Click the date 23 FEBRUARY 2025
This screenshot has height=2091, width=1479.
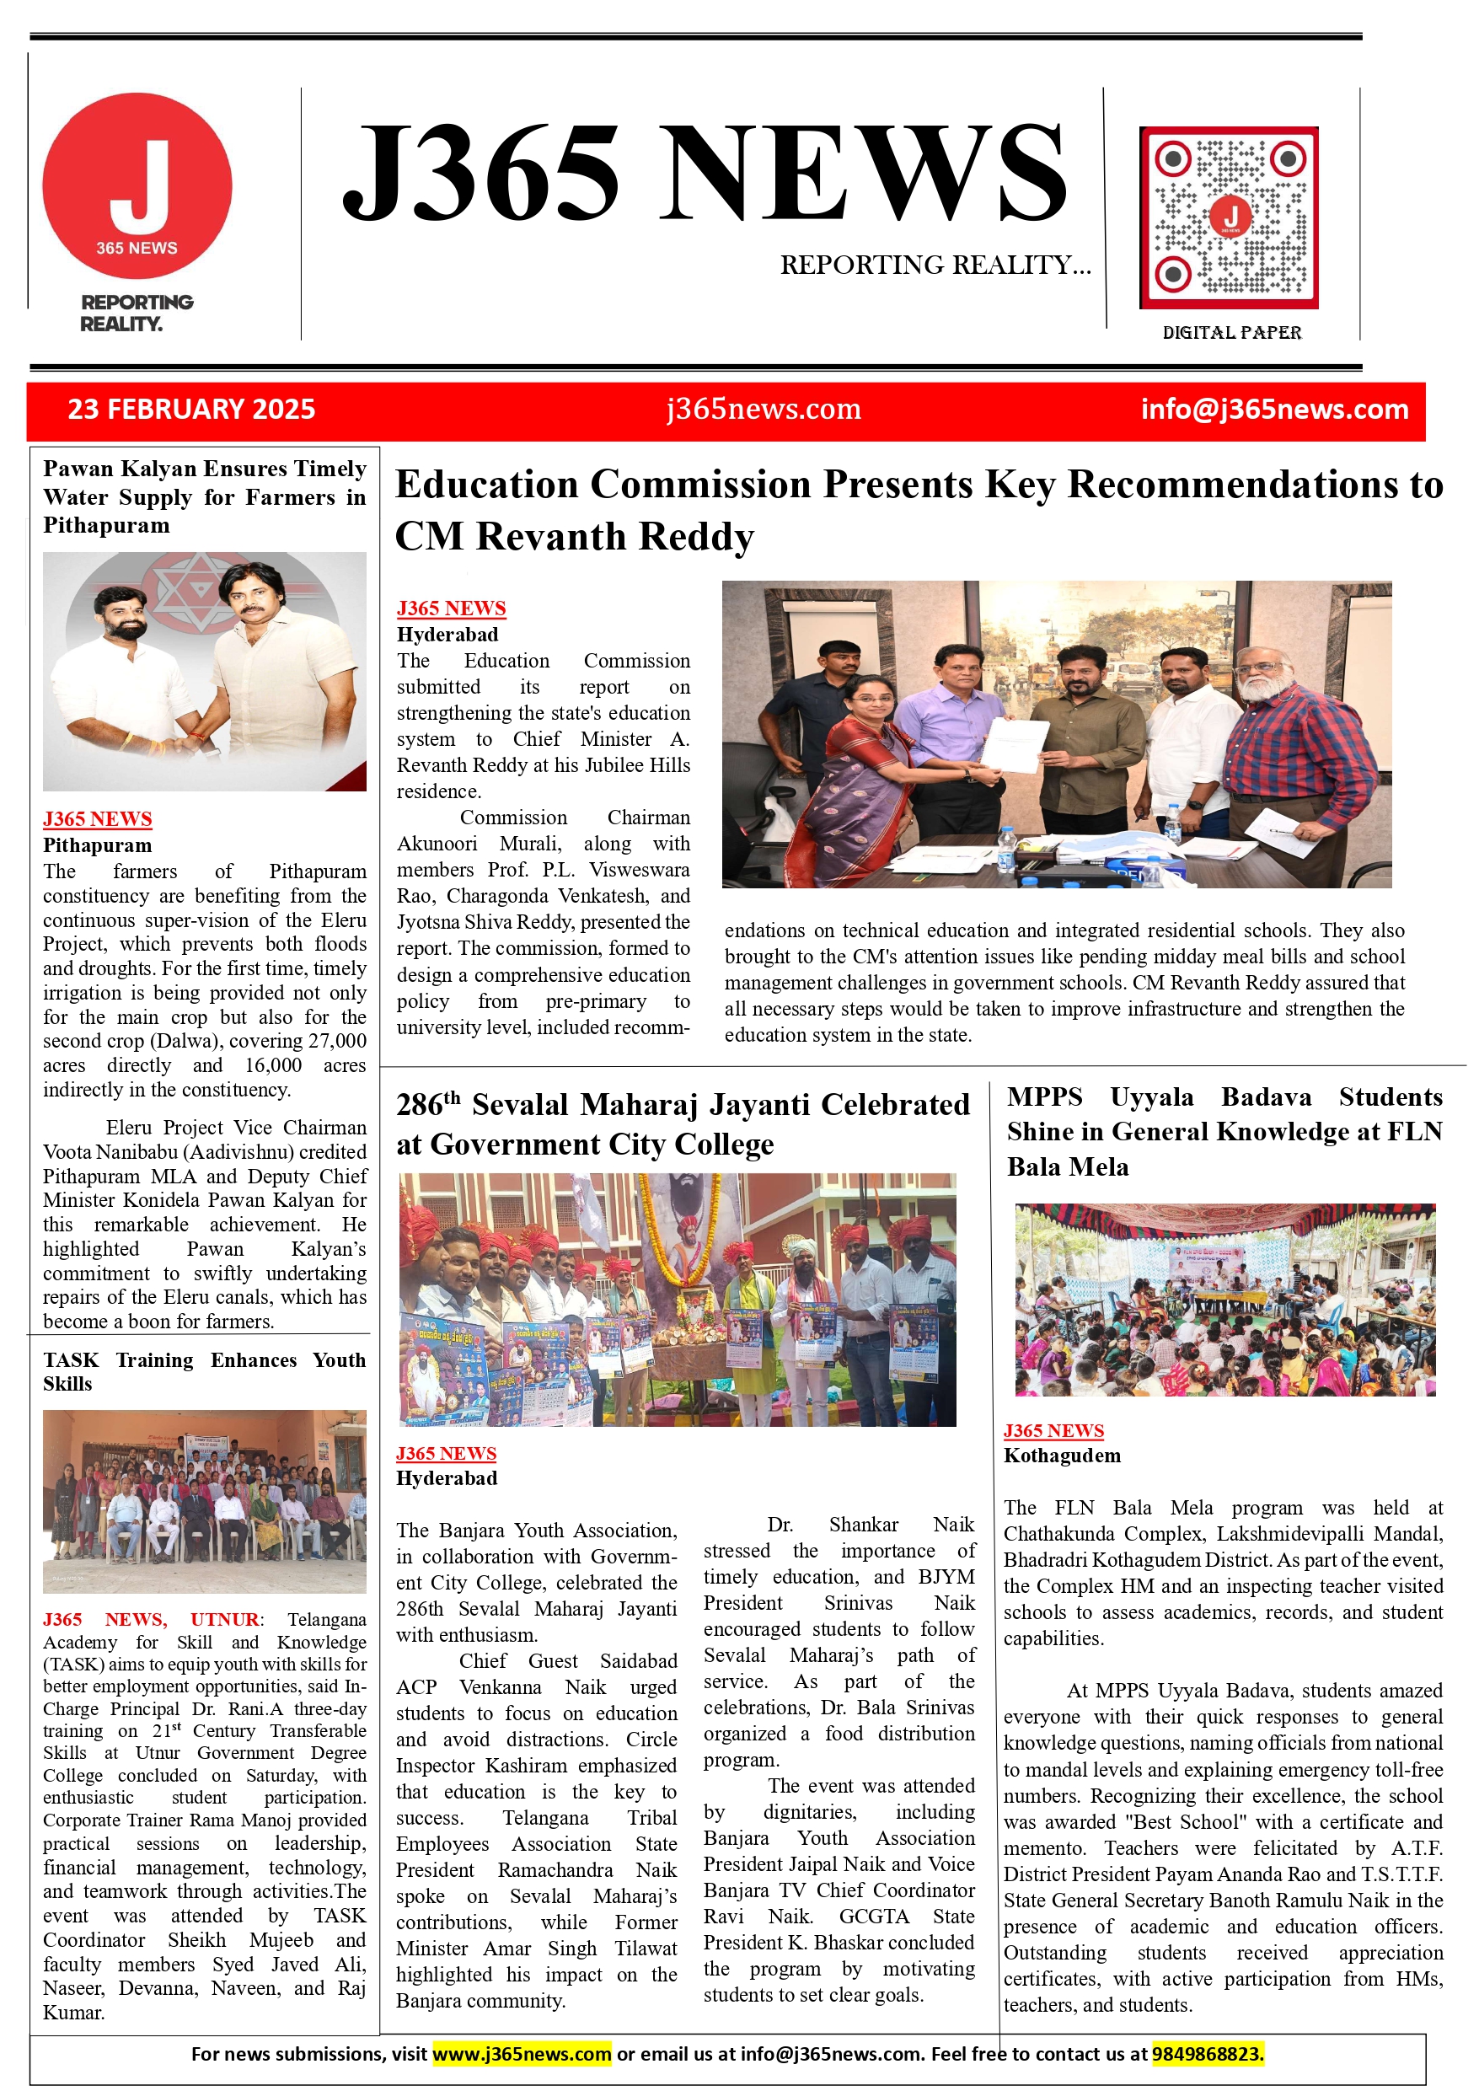click(191, 409)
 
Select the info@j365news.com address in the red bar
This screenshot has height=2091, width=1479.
click(1274, 409)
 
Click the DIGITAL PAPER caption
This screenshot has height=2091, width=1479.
click(1231, 332)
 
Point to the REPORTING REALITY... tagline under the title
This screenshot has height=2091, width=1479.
click(935, 265)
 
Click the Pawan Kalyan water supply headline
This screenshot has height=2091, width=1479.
click(204, 496)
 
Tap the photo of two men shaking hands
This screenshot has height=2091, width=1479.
click(204, 671)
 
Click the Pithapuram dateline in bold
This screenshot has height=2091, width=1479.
click(98, 845)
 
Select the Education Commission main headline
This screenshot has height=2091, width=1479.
click(918, 510)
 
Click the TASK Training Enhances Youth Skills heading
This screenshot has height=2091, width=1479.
click(204, 1371)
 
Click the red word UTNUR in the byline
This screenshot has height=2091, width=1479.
click(224, 1619)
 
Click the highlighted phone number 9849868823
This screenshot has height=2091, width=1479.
click(1207, 2054)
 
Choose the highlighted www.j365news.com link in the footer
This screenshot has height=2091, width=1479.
click(521, 2054)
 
